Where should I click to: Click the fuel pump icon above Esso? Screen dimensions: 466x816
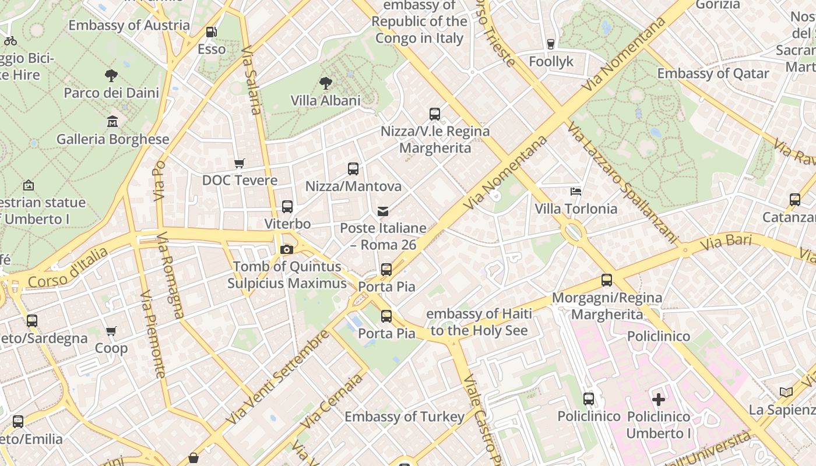click(x=212, y=32)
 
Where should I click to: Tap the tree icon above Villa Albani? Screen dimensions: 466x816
click(x=325, y=83)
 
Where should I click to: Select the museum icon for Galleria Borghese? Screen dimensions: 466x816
click(x=112, y=122)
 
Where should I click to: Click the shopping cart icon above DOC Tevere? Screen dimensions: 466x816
click(x=240, y=163)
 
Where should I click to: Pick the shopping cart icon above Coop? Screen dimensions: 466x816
click(x=111, y=331)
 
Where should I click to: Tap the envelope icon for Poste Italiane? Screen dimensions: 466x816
click(x=383, y=211)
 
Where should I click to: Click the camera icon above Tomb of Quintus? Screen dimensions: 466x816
click(x=286, y=249)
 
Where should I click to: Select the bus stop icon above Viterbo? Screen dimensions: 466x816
click(x=287, y=207)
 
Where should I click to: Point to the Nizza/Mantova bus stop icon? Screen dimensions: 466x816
click(x=353, y=169)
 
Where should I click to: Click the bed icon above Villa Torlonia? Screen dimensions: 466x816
click(x=576, y=192)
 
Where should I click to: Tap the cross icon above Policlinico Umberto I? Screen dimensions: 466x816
click(x=659, y=400)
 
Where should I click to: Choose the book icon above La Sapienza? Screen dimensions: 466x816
click(x=786, y=393)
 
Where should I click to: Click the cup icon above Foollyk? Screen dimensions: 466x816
click(x=551, y=44)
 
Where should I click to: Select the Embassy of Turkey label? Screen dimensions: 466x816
click(x=405, y=416)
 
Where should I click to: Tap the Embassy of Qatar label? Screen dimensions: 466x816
click(x=713, y=73)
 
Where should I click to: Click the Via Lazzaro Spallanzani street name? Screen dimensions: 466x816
click(x=623, y=183)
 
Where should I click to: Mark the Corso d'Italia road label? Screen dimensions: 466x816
click(x=68, y=269)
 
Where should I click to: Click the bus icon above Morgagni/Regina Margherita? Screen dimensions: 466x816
click(x=607, y=280)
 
